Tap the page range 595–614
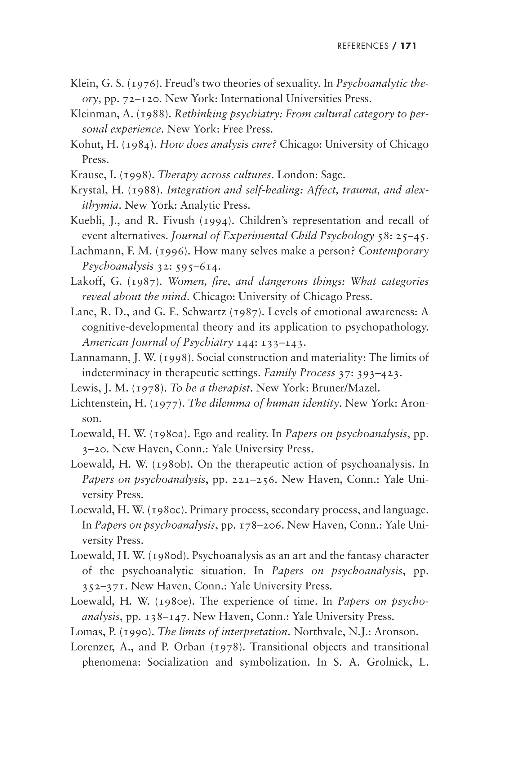coord(196,267)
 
